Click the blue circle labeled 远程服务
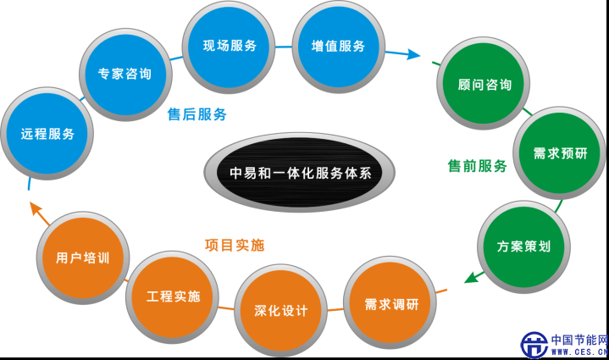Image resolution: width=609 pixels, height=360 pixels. [47, 134]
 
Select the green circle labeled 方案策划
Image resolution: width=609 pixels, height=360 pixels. [523, 246]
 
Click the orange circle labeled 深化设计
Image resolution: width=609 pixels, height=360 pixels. [280, 311]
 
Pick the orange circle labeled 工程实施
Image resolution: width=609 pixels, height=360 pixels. [173, 296]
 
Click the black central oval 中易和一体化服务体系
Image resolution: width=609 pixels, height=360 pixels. [301, 173]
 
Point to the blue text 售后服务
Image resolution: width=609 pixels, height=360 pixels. [197, 114]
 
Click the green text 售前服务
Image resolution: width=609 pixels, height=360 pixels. [477, 166]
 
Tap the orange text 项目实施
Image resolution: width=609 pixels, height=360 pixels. [235, 246]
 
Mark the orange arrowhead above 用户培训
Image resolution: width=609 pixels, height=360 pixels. [33, 208]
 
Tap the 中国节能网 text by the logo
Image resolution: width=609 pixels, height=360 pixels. [579, 339]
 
